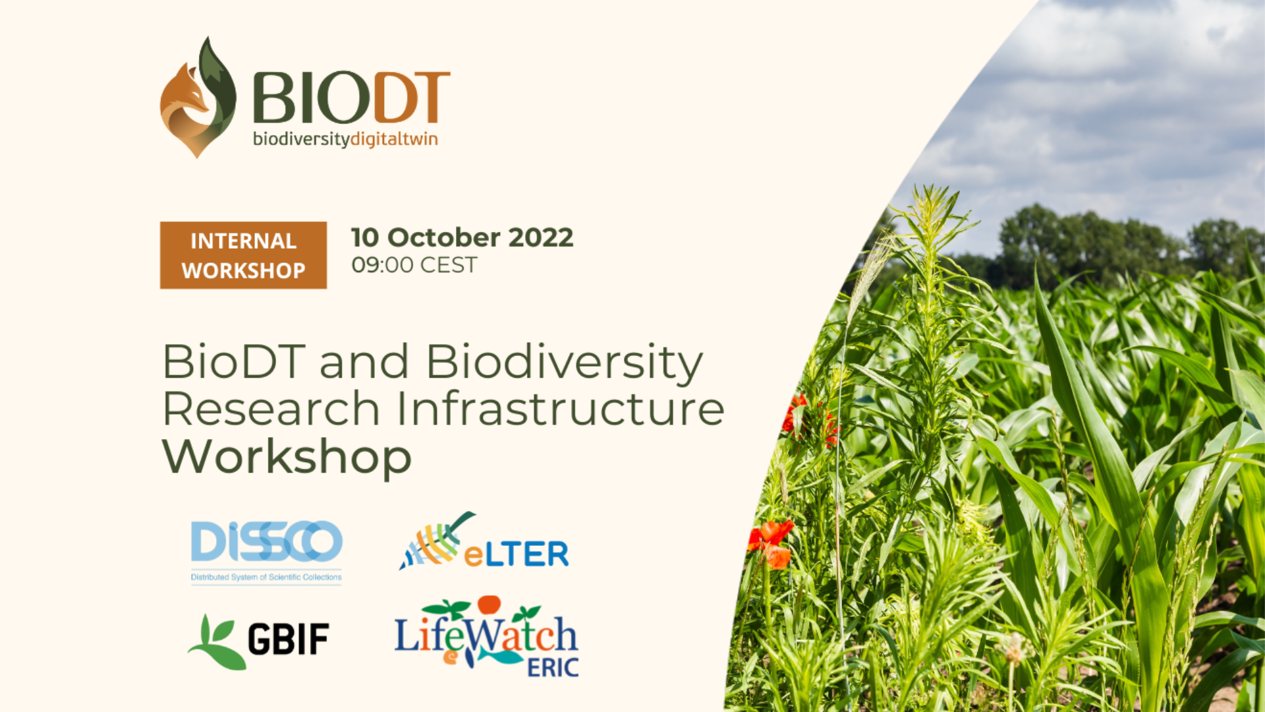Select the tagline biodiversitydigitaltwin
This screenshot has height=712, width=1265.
(345, 139)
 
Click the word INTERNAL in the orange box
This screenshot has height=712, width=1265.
(243, 241)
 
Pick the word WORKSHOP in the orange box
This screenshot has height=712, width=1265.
(243, 270)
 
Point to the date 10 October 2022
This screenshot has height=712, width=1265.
(462, 237)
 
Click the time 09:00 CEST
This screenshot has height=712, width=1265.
(414, 265)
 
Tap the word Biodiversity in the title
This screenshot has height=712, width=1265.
(564, 363)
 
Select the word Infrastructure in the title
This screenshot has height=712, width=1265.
(561, 409)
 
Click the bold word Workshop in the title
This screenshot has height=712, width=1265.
(287, 456)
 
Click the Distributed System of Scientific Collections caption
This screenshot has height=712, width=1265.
(266, 578)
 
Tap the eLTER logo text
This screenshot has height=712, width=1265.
(516, 554)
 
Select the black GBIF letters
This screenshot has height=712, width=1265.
(289, 639)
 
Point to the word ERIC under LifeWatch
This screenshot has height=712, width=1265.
(553, 667)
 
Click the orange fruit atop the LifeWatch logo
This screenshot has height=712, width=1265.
(490, 605)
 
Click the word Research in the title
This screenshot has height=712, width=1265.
(271, 409)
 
